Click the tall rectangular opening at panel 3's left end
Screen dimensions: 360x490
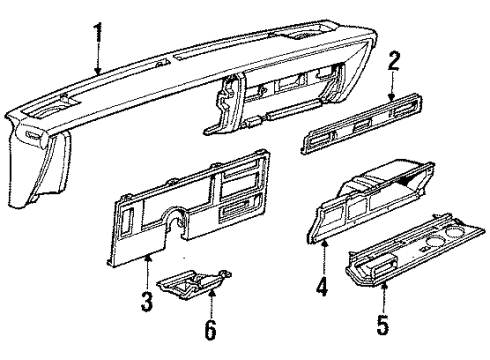(x=127, y=230)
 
